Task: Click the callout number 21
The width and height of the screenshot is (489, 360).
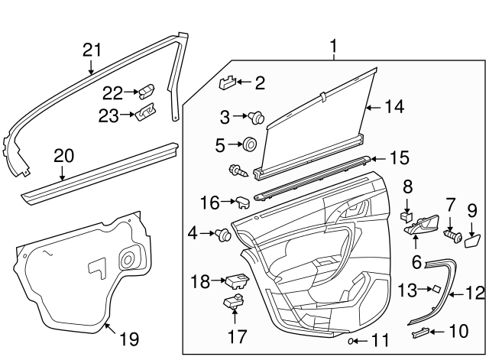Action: pyautogui.click(x=92, y=50)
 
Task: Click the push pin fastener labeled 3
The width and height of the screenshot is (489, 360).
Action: pyautogui.click(x=257, y=118)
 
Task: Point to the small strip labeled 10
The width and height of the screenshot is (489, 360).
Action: pyautogui.click(x=422, y=331)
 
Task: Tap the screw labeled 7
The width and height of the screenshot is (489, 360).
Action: pyautogui.click(x=452, y=236)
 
